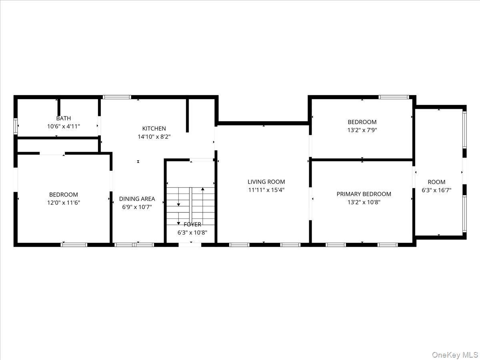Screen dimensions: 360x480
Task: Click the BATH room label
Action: pos(64,118)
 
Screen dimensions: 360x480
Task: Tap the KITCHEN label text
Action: pos(154,128)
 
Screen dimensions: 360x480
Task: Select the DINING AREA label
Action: pos(137,199)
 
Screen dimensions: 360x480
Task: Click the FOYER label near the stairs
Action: pos(192,224)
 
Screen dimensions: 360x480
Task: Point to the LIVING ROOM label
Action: pos(266,182)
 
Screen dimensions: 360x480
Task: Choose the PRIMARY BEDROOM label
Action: pos(364,194)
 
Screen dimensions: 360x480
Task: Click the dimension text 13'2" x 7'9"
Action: pos(362,130)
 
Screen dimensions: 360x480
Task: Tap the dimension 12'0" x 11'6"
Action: pos(64,203)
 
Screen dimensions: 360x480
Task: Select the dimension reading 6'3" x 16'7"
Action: pos(436,190)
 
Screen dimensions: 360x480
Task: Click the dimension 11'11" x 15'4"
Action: pos(266,190)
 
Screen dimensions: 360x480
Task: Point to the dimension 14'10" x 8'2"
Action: pos(154,136)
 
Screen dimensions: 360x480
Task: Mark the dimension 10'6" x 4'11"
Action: pos(64,126)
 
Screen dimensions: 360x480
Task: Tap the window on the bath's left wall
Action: pos(16,126)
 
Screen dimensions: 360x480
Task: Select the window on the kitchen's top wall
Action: pos(117,97)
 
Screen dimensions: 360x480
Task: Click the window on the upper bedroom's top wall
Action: pos(394,97)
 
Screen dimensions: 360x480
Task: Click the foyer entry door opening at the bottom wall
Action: pos(190,244)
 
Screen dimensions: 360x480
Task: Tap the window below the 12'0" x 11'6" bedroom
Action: pos(74,244)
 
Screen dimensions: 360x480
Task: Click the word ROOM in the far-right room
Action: pos(436,182)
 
